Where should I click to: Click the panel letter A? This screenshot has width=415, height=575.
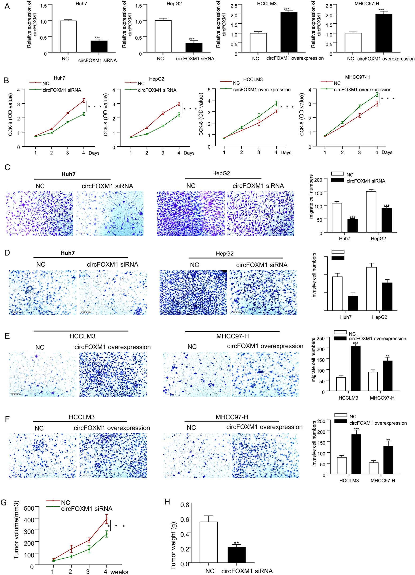(x=7, y=6)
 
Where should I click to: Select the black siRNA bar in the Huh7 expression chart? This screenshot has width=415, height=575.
(x=99, y=46)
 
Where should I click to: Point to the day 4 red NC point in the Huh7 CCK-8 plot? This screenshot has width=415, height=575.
(x=83, y=101)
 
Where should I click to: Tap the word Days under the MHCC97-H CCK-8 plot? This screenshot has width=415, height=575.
(x=387, y=152)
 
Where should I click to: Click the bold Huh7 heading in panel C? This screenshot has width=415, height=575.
(x=68, y=174)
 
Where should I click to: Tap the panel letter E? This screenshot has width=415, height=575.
(x=7, y=336)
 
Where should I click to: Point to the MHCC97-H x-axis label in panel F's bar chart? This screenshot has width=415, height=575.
(x=383, y=480)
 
